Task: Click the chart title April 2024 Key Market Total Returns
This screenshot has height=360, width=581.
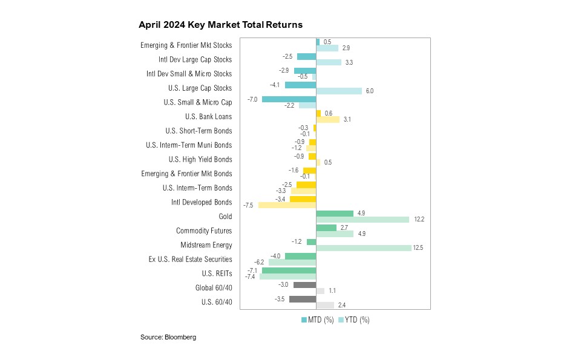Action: pyautogui.click(x=220, y=25)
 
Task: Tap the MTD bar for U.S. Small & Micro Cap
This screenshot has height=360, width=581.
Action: pyautogui.click(x=289, y=99)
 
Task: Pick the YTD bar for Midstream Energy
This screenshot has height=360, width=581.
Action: pyautogui.click(x=364, y=248)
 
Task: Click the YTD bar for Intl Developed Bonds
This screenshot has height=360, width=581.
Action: pyautogui.click(x=287, y=205)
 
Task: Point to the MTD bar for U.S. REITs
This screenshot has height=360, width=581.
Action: pyautogui.click(x=289, y=270)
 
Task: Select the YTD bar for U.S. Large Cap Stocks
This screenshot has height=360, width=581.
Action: pyautogui.click(x=339, y=91)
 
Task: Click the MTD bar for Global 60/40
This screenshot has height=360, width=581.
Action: pyautogui.click(x=304, y=284)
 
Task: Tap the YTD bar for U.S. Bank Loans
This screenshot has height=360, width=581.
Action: pyautogui.click(x=327, y=120)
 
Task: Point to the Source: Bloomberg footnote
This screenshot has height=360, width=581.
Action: pyautogui.click(x=168, y=337)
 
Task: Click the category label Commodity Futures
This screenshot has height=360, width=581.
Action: pyautogui.click(x=204, y=231)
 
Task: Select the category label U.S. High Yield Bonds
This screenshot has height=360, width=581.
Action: pyautogui.click(x=200, y=159)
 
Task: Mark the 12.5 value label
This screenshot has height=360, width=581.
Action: pyautogui.click(x=418, y=248)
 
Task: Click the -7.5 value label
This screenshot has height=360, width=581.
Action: pyautogui.click(x=248, y=205)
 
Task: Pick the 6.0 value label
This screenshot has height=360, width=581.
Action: pyautogui.click(x=369, y=91)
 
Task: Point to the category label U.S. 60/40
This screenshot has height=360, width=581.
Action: pyautogui.click(x=216, y=302)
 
